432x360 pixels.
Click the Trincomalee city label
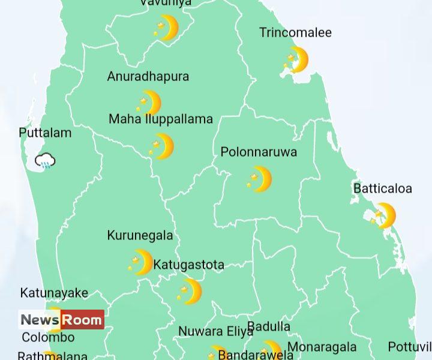pos(295,32)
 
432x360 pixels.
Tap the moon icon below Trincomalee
pos(296,61)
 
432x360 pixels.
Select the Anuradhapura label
pos(148,76)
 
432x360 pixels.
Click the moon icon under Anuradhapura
pos(149,103)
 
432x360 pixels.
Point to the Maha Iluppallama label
pos(160,119)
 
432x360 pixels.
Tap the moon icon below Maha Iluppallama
pos(162,146)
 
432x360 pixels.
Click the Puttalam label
pos(45,133)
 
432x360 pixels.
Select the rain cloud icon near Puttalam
pos(46,161)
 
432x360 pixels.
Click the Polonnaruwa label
pos(259,152)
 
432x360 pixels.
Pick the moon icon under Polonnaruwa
pos(260,179)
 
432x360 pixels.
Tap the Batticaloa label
pos(383,188)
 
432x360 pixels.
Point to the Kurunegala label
pos(140,235)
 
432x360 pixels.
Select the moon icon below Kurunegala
pos(142,262)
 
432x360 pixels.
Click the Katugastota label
pos(188,265)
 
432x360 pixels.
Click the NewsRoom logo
pos(61,320)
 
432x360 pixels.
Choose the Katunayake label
pos(54,293)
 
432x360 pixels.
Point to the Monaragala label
pos(322,347)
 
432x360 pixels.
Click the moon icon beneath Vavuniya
pos(166,28)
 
